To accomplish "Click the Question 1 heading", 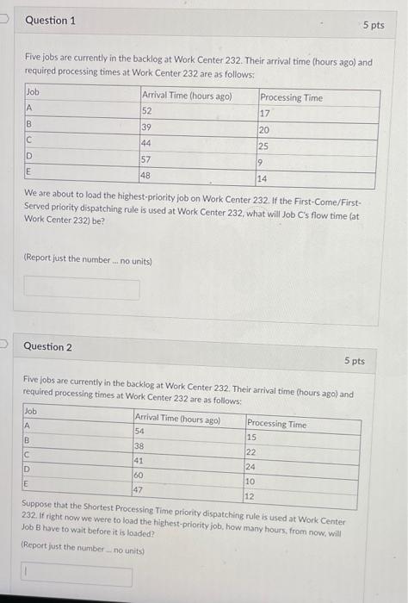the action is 50,20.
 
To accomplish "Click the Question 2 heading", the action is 48,346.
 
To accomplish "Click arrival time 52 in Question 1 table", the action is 147,110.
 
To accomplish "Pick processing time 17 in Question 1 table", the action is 265,113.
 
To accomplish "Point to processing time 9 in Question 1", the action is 260,162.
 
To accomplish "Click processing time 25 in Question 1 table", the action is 264,146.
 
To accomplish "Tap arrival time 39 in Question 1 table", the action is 147,127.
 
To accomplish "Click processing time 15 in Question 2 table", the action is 251,438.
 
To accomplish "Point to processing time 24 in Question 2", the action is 251,468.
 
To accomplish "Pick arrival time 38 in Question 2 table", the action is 140,445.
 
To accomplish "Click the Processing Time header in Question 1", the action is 291,97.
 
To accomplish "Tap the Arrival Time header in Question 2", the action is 177,420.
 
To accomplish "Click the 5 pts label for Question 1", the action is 374,26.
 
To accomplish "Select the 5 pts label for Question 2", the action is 355,361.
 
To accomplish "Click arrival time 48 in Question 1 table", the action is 147,175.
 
